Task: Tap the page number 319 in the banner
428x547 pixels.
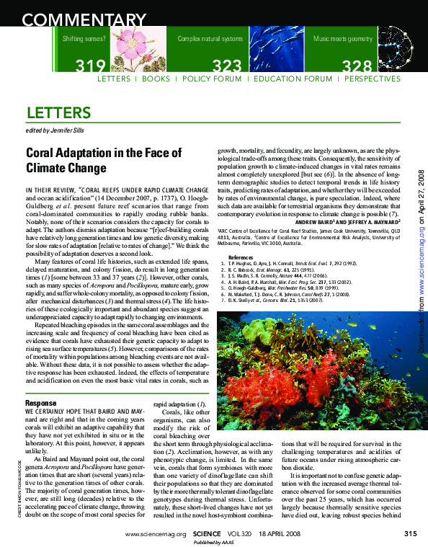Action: (x=91, y=67)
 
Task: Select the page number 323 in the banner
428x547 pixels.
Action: (x=228, y=67)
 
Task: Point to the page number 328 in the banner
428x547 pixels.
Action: (x=357, y=67)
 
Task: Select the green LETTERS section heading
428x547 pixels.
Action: (x=58, y=113)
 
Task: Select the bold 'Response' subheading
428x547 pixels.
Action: (x=41, y=402)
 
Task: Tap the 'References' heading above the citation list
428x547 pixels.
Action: (x=240, y=257)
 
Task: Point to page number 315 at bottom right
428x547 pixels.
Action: (x=410, y=533)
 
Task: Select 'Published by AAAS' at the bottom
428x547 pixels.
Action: (x=214, y=542)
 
